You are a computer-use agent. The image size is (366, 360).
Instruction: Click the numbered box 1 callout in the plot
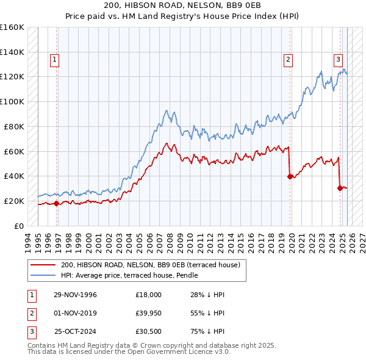pos(55,60)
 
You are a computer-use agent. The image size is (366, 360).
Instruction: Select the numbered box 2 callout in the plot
pos(287,60)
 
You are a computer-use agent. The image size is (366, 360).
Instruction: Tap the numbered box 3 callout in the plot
pos(337,60)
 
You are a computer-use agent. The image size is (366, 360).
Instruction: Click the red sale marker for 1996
pos(57,203)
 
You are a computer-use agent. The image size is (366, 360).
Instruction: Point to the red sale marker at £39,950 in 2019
pos(290,176)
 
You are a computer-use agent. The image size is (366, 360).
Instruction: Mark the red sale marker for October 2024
pos(340,188)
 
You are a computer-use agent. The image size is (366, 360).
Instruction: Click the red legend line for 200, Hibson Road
pos(43,265)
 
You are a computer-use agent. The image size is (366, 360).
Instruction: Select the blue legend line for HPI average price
pos(43,275)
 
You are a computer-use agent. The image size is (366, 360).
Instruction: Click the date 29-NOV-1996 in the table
pos(76,295)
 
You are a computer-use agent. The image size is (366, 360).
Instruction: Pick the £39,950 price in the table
pos(148,313)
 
